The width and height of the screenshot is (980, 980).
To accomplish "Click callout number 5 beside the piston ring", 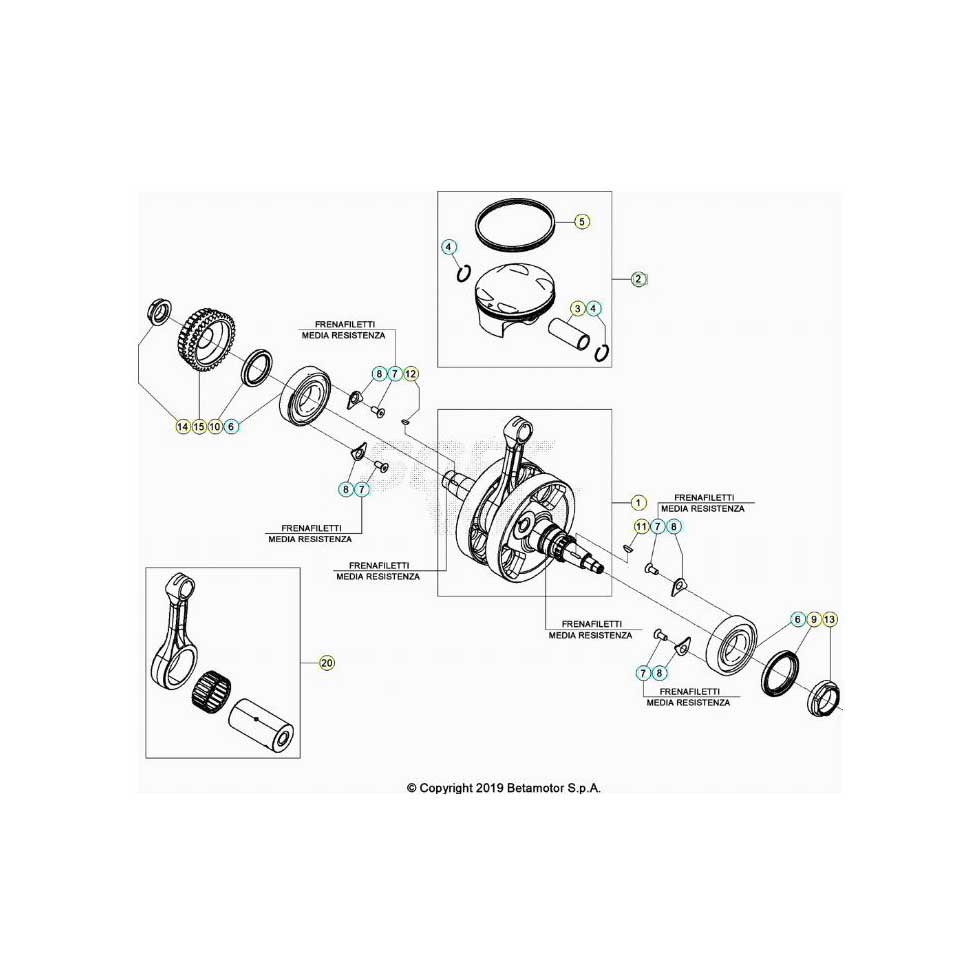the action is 581,221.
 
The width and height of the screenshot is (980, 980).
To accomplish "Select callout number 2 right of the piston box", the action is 638,279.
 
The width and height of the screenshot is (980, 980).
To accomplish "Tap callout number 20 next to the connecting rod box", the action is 327,662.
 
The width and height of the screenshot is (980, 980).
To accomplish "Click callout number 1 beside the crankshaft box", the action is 638,502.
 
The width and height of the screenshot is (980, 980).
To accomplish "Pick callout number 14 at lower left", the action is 182,426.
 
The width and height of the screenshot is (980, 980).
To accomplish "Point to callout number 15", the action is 199,426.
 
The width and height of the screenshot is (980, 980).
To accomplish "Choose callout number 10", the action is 215,426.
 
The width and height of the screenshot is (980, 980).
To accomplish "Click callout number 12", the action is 411,374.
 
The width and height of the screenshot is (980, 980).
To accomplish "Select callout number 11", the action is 641,526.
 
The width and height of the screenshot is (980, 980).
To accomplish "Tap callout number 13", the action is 829,619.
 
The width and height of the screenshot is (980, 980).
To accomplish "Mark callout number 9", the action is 813,619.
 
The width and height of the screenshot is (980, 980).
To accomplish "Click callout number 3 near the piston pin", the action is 578,308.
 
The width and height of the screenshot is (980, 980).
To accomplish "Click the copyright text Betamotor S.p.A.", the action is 554,788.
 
